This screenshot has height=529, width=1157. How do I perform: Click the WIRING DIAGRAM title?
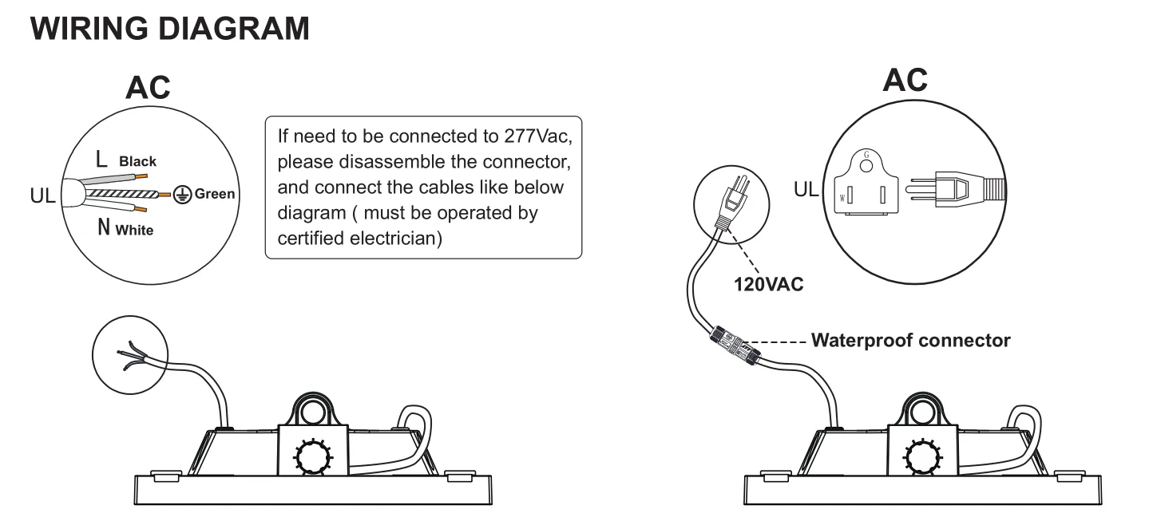169,28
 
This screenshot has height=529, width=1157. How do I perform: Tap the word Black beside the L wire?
137,161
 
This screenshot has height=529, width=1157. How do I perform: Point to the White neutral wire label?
137,231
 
